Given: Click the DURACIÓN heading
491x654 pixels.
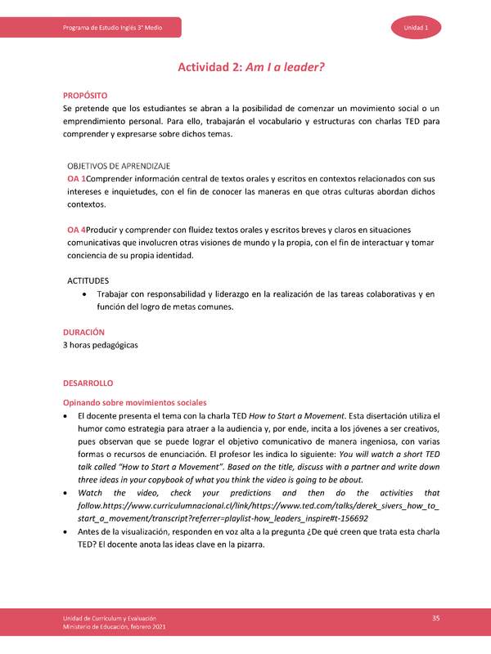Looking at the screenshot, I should point(84,332).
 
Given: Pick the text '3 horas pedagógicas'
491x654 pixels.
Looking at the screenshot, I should point(101,345).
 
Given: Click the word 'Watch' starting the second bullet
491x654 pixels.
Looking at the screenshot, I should point(91,494).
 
